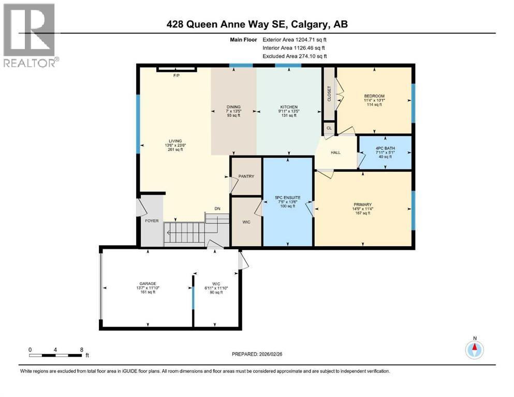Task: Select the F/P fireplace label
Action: pyautogui.click(x=177, y=75)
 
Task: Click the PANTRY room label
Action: pyautogui.click(x=246, y=176)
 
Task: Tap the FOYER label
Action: pyautogui.click(x=151, y=221)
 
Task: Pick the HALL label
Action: pyautogui.click(x=336, y=152)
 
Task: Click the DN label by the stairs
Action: pyautogui.click(x=218, y=209)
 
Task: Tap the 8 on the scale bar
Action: pyautogui.click(x=81, y=349)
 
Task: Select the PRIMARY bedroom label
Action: pyautogui.click(x=362, y=205)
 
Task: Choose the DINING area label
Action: pyautogui.click(x=233, y=107)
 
